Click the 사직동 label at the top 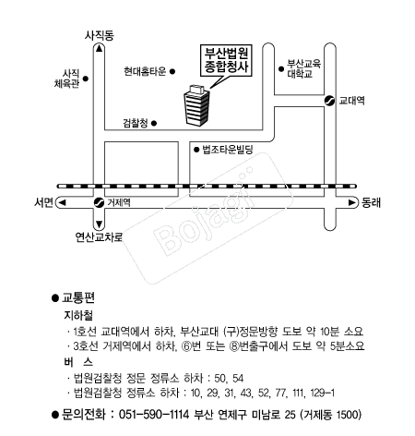pyautogui.click(x=99, y=36)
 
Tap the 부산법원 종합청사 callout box pyautogui.click(x=226, y=61)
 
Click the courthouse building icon pyautogui.click(x=196, y=104)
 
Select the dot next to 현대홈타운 pyautogui.click(x=172, y=71)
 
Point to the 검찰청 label pyautogui.click(x=136, y=124)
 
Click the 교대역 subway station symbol pyautogui.click(x=330, y=101)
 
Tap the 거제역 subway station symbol pyautogui.click(x=99, y=202)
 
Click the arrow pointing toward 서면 pyautogui.click(x=62, y=202)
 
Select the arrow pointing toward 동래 pyautogui.click(x=351, y=202)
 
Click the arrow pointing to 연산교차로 pyautogui.click(x=99, y=224)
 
